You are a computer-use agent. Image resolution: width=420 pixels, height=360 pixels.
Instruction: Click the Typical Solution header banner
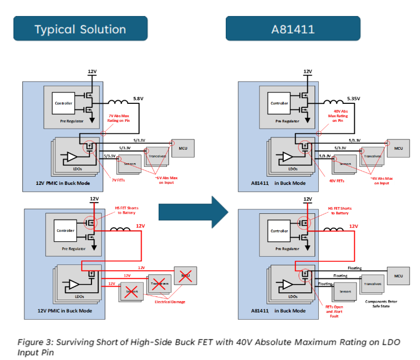pos(80,29)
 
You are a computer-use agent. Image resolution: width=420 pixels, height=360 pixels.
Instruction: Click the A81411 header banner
pos(293,29)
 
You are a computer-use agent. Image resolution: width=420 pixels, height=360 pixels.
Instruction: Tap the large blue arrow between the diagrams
pos(193,210)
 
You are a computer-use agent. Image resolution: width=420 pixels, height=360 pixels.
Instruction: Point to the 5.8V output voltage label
pos(138,98)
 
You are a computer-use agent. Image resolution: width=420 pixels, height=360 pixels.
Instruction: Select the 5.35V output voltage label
pos(354,98)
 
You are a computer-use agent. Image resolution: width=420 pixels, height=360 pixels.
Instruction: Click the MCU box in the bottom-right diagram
pos(398,276)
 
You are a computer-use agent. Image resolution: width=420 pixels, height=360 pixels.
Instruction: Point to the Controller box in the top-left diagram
pos(65,103)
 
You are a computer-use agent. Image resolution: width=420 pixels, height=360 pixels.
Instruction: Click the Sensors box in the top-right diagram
pos(346,164)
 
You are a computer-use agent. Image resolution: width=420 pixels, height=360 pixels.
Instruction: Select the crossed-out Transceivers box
pos(159,284)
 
